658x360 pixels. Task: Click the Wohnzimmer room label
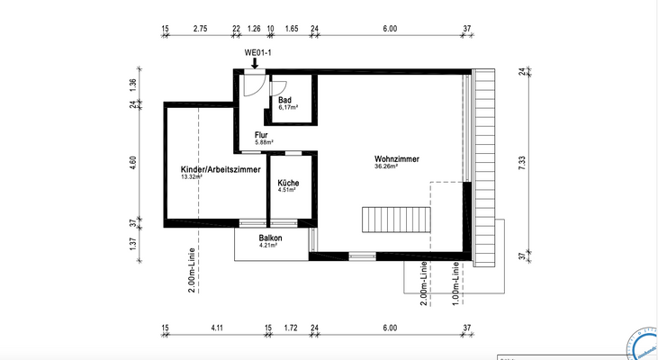pos(397,159)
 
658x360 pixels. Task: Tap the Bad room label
pos(284,100)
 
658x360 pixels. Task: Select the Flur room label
pos(261,135)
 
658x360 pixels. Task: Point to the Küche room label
pos(288,183)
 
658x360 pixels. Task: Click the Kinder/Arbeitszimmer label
pos(221,169)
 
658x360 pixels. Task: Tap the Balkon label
pos(271,238)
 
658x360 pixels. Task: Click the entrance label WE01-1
pos(258,52)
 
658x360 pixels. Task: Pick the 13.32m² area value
pos(192,176)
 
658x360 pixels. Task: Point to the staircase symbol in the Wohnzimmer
pos(396,219)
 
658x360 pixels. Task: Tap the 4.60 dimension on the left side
pos(133,164)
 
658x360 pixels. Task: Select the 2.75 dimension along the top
pos(201,30)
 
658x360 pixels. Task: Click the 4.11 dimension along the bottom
pos(216,328)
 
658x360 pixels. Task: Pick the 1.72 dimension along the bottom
pos(290,328)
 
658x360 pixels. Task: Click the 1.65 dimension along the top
pos(292,30)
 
